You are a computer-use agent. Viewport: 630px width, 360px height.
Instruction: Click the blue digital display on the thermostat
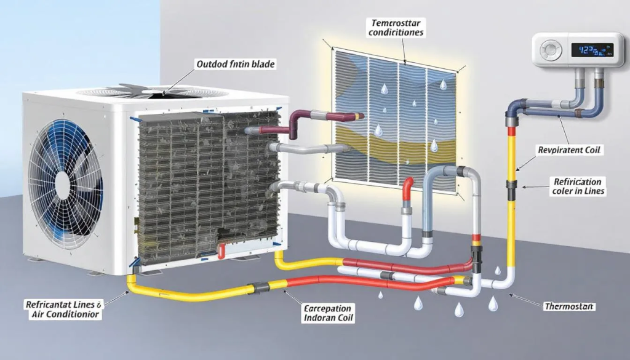(x=592, y=49)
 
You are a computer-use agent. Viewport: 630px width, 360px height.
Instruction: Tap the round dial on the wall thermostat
(x=551, y=49)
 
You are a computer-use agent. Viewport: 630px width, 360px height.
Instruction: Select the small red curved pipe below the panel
(x=408, y=188)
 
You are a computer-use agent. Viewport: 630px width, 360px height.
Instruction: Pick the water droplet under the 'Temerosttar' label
(x=384, y=90)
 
